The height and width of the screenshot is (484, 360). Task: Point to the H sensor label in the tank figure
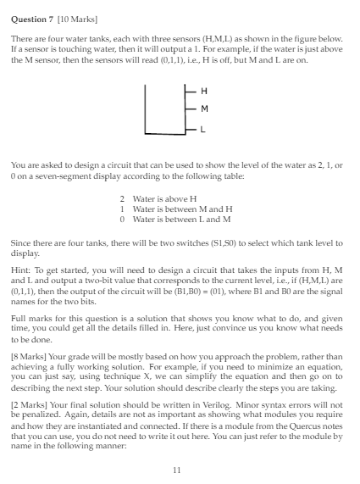tap(202, 92)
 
